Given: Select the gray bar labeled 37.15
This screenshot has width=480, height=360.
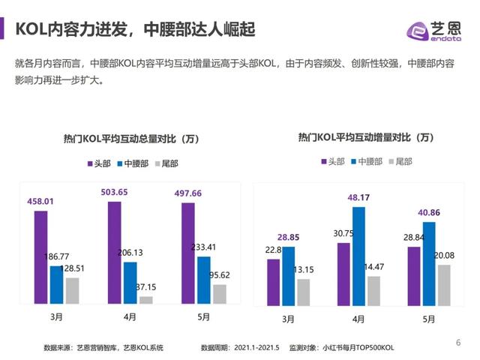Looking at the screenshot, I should pos(145,299).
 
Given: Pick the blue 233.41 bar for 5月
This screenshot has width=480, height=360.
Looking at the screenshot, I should pos(203,280).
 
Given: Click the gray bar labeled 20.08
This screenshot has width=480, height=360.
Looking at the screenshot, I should pos(445,284).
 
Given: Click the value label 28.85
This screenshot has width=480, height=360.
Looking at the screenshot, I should pos(289,236).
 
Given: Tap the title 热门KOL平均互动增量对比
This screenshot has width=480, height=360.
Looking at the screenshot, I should pos(365,137).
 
